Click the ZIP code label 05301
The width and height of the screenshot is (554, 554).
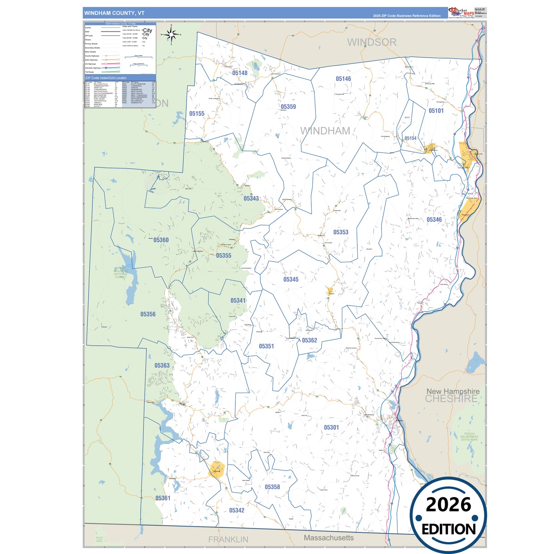coord(331,427)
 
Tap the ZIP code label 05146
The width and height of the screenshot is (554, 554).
coord(343,79)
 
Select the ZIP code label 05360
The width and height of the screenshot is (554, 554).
coord(161,240)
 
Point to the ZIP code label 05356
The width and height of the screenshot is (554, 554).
coord(148,314)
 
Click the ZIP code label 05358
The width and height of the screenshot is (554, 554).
coord(272,487)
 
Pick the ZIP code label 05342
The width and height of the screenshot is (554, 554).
coord(237,510)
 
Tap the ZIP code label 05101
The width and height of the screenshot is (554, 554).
coord(436,111)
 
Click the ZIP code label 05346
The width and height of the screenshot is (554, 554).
coord(434,220)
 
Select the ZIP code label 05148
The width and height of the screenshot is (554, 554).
coord(240,73)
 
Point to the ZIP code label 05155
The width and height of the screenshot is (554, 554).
coord(197,114)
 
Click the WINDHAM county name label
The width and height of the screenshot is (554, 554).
coord(325,131)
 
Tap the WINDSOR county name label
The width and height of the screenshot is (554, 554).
coord(372,42)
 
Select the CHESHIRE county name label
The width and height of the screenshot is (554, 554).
coord(451,399)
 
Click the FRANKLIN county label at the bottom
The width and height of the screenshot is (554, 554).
coord(228,539)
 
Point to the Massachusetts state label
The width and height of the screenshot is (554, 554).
coord(329,538)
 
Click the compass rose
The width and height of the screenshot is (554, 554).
coord(171,35)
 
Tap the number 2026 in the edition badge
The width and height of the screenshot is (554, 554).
coord(448,505)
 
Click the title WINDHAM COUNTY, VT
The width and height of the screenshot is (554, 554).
coord(114,13)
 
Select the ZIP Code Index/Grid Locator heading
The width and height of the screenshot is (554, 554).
coord(106,78)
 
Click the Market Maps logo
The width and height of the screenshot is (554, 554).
coord(461,12)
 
